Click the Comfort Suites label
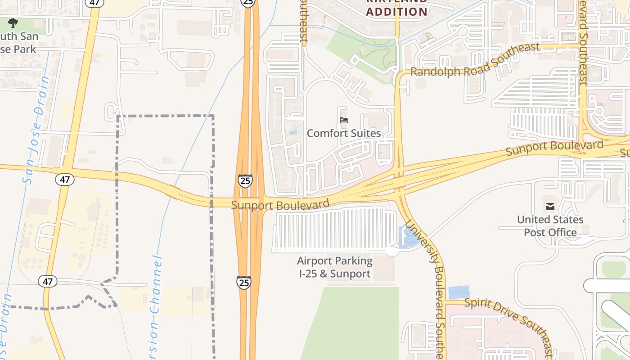point(344,133)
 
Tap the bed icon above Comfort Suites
point(344,120)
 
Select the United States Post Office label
point(550,226)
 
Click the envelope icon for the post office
point(550,207)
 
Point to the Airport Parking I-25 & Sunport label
point(335,267)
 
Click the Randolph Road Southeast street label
point(475,60)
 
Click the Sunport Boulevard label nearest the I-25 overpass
point(280,205)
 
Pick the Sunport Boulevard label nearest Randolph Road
point(554,147)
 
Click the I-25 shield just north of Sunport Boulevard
point(245,181)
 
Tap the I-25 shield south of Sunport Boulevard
point(243,283)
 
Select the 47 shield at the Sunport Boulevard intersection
point(65,180)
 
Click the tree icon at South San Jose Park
point(13,22)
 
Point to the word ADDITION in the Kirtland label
point(396,12)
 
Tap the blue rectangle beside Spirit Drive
point(459,292)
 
